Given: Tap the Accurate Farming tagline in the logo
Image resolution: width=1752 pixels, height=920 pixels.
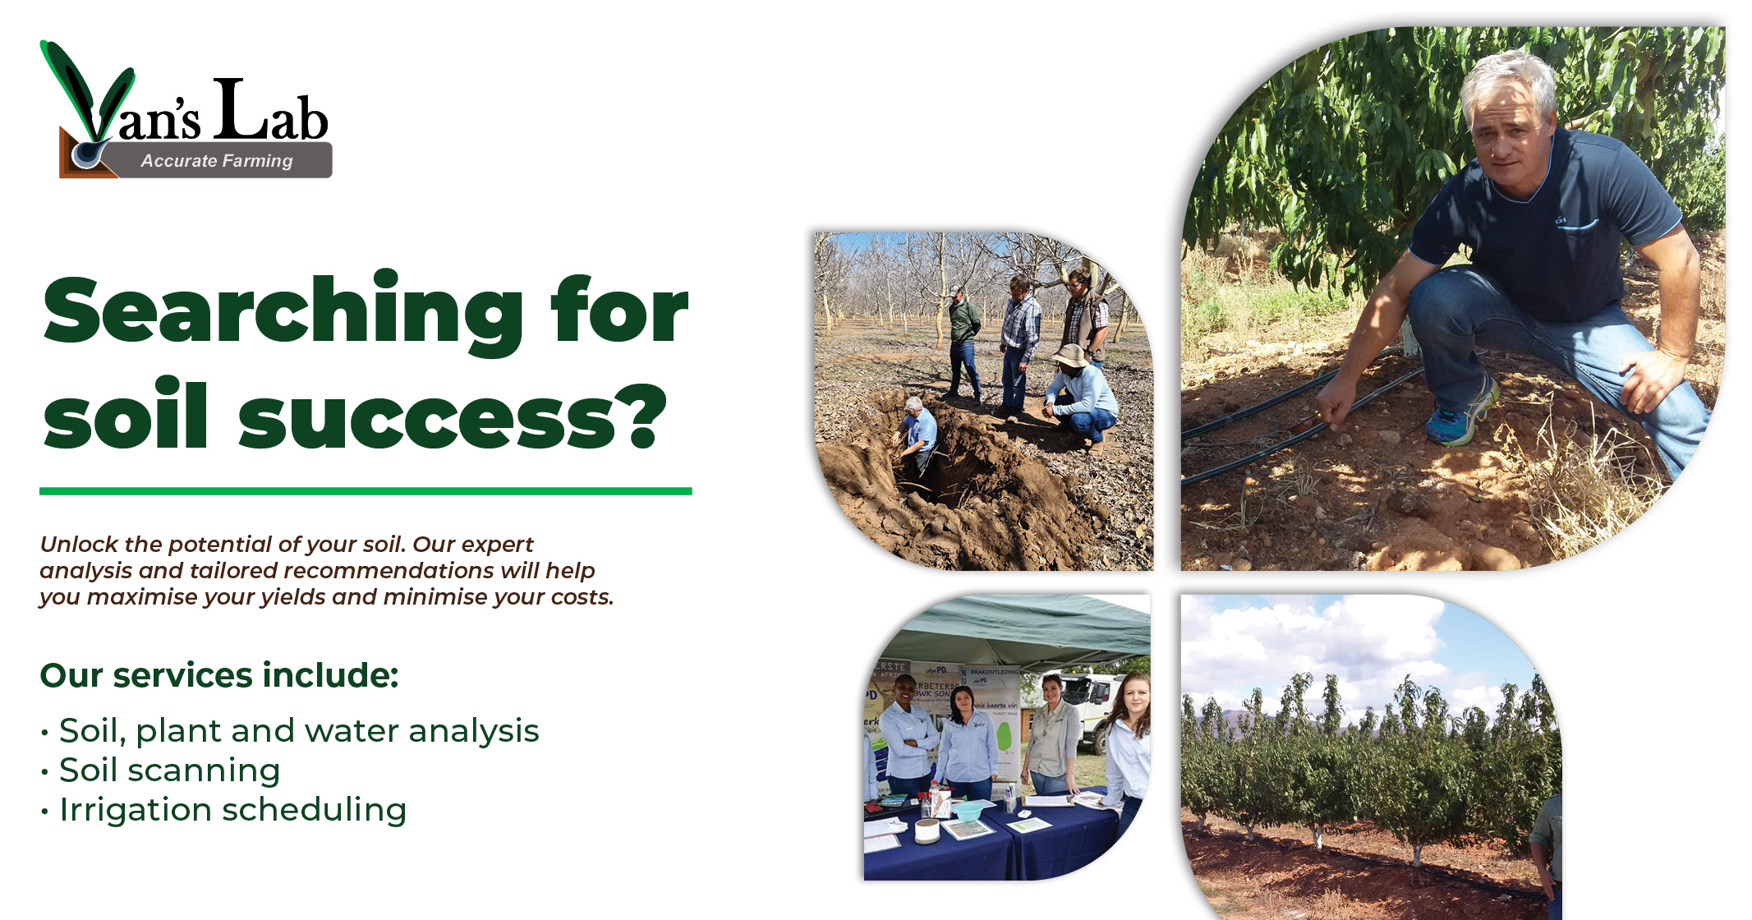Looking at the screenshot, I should [217, 161].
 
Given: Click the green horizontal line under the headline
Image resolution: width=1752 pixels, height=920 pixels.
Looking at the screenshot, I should [366, 491].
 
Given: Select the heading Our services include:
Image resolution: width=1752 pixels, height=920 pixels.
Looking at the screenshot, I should [219, 675].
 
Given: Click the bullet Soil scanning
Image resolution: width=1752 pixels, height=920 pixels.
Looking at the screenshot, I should [170, 770].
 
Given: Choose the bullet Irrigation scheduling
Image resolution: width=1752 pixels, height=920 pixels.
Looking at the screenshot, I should [233, 810].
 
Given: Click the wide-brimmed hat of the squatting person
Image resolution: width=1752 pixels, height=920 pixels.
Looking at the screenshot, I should [1071, 355].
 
